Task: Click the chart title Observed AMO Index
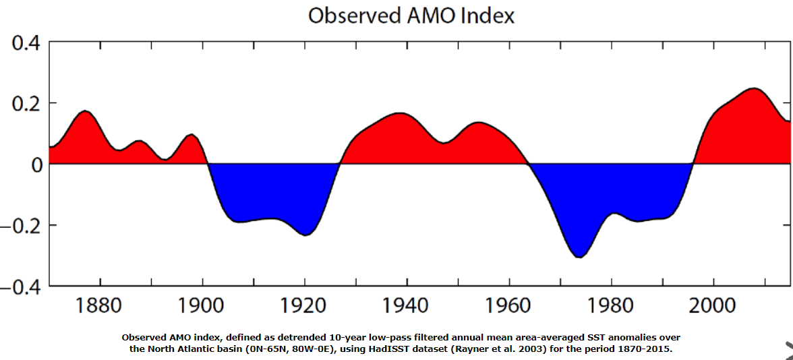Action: click(411, 16)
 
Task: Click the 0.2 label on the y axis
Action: click(26, 103)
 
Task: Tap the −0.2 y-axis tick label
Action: click(22, 225)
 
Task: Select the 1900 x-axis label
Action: click(202, 306)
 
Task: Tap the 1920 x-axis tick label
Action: click(304, 306)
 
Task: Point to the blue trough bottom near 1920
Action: click(305, 234)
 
